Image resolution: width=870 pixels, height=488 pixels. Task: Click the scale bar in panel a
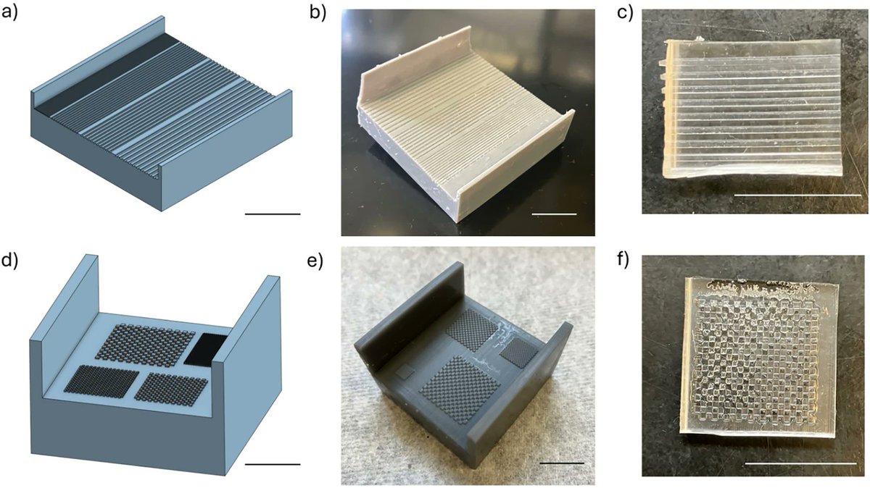coord(273,214)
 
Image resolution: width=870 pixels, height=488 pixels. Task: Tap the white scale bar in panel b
coord(554,214)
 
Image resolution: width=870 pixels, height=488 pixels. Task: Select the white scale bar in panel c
coord(797,195)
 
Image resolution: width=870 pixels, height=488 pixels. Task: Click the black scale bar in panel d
coord(273,464)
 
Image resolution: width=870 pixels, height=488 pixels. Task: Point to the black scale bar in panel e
coord(562,463)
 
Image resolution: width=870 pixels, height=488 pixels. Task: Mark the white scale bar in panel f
coord(801,463)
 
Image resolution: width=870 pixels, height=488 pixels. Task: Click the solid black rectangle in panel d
coord(206,349)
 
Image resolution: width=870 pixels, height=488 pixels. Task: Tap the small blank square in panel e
coord(406,372)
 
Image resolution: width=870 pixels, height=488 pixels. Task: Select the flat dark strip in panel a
coord(105,74)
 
